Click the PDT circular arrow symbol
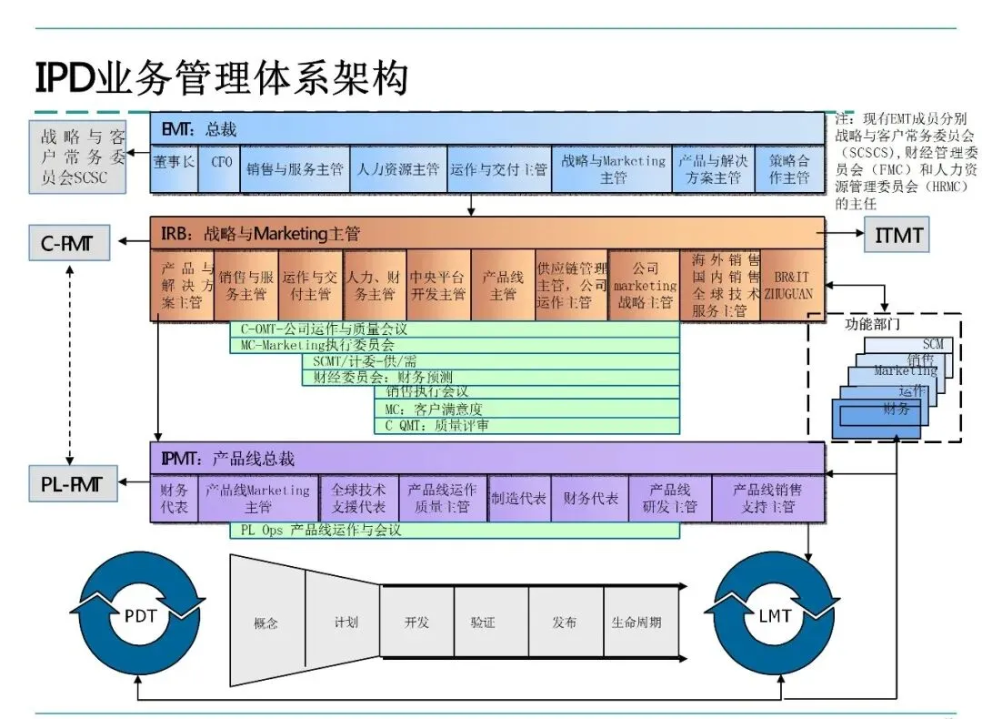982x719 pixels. pyautogui.click(x=140, y=617)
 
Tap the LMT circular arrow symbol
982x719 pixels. pyautogui.click(x=775, y=617)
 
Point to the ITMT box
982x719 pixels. pyautogui.click(x=898, y=235)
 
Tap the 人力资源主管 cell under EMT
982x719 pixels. pyautogui.click(x=397, y=168)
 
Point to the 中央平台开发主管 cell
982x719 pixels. pyautogui.click(x=438, y=285)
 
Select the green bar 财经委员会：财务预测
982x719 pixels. pyautogui.click(x=491, y=377)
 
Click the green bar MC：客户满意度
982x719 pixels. pyautogui.click(x=526, y=409)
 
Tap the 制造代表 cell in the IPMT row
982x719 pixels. pyautogui.click(x=518, y=499)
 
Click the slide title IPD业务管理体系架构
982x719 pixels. pyautogui.click(x=222, y=78)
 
